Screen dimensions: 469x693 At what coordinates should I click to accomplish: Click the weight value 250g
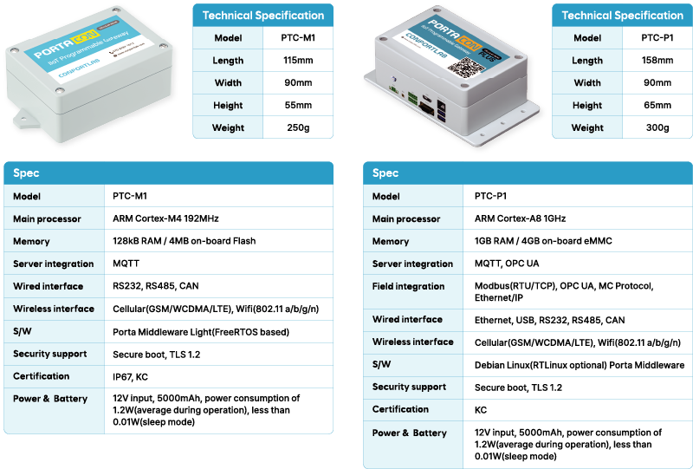click(298, 127)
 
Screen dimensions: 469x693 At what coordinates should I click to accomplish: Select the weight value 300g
click(657, 127)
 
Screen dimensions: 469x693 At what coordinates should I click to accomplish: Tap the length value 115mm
click(298, 61)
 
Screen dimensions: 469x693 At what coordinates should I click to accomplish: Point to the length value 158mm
click(657, 61)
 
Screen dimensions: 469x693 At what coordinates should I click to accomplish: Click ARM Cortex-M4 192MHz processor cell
click(165, 218)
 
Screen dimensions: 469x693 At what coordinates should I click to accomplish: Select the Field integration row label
click(408, 286)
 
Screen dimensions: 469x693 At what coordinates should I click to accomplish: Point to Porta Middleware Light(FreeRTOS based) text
click(200, 331)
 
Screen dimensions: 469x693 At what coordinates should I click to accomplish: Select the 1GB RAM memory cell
click(542, 241)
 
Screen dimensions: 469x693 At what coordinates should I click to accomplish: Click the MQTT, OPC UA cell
click(507, 264)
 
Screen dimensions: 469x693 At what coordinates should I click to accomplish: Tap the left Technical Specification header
click(263, 15)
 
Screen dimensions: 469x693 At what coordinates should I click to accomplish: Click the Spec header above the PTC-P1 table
click(385, 173)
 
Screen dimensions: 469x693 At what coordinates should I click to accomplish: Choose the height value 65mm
click(657, 105)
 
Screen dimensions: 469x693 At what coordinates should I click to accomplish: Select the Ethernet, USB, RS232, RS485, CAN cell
click(549, 320)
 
